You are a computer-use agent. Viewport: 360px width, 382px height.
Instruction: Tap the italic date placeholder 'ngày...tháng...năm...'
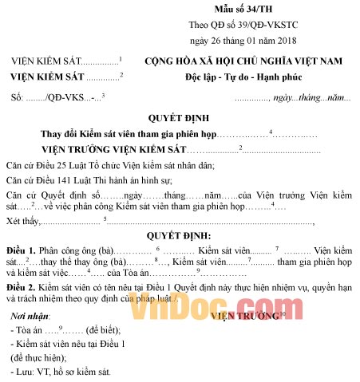tap(313, 98)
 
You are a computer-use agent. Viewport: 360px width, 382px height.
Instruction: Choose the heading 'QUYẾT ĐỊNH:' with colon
tap(179, 237)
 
